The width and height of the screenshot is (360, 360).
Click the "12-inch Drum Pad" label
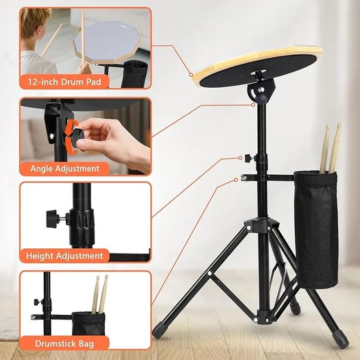coord(64,82)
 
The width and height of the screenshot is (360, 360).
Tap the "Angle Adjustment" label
coord(64,169)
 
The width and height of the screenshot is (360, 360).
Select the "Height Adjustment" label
coord(64,256)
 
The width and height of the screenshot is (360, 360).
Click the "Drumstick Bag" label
coord(64,344)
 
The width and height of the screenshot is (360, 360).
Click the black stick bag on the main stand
coord(316,230)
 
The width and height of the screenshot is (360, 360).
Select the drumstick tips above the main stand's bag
coord(333,129)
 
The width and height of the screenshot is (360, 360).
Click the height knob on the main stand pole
coord(248,158)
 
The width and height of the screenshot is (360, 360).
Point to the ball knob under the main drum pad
coord(261,99)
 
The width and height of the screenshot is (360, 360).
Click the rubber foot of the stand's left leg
coord(158,331)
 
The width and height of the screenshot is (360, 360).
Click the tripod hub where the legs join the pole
coord(261,225)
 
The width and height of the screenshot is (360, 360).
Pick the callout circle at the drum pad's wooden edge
coord(191,75)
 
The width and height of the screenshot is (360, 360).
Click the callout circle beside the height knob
coord(240,158)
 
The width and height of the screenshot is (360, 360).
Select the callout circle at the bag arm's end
coord(236,180)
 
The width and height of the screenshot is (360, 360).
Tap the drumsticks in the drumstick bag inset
coord(100,294)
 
